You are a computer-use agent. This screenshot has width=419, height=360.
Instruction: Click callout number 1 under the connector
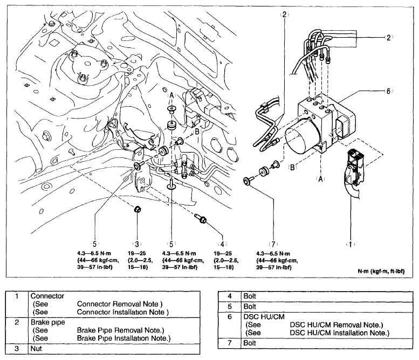[351, 244]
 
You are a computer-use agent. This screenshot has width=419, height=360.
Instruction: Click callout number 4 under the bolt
[222, 244]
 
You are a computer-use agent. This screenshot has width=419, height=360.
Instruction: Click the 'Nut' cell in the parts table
[37, 349]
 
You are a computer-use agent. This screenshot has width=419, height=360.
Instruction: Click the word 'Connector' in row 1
[47, 296]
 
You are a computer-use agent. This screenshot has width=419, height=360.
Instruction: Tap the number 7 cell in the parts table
[229, 342]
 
